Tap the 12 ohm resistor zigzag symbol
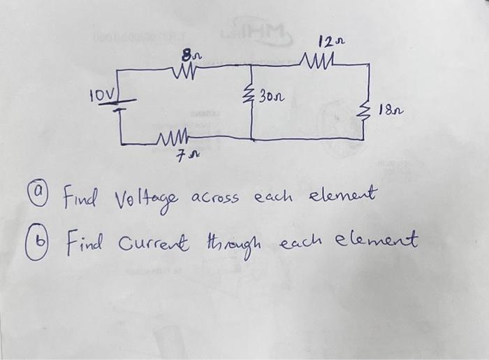(x=321, y=64)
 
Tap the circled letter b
(x=45, y=243)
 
